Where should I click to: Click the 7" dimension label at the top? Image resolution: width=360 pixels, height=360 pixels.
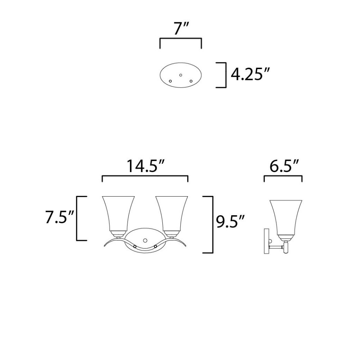pyautogui.click(x=181, y=29)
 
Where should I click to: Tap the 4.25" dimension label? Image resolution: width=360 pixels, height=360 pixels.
pyautogui.click(x=249, y=75)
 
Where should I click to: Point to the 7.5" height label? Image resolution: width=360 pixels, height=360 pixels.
pyautogui.click(x=59, y=217)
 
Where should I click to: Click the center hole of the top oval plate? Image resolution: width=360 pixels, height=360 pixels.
pyautogui.click(x=181, y=75)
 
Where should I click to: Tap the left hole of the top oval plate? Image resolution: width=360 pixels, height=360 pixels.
pyautogui.click(x=170, y=81)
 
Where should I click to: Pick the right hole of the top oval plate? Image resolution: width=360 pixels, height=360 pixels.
pyautogui.click(x=191, y=81)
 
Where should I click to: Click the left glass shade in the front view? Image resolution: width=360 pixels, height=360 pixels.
pyautogui.click(x=118, y=213)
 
